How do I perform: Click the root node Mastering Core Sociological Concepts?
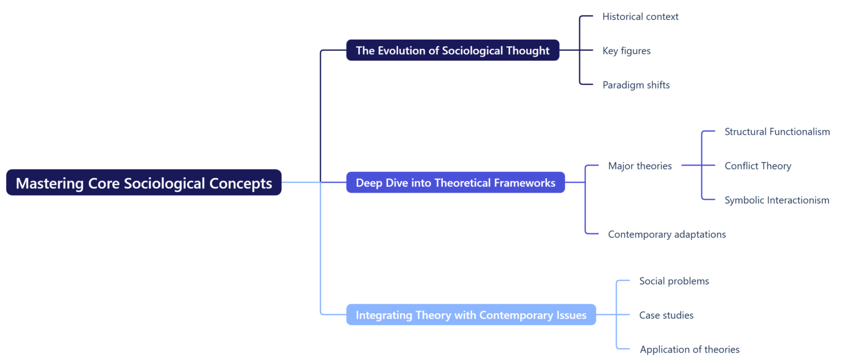tap(144, 183)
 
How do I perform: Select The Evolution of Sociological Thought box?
tap(453, 50)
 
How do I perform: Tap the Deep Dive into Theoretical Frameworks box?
tap(455, 183)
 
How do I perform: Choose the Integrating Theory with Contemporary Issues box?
tap(471, 315)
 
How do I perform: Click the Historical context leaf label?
tap(640, 17)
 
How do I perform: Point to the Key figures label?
tap(626, 51)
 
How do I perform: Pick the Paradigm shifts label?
tap(636, 85)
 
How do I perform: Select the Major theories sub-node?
tap(639, 166)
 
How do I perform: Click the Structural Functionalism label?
tap(777, 132)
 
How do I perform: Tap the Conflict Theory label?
tap(757, 166)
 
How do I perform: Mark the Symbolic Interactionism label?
tap(777, 200)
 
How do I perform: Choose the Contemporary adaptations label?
tap(666, 234)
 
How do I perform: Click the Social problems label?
tap(674, 281)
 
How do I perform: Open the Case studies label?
tap(666, 315)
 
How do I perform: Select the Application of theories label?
tap(689, 350)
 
